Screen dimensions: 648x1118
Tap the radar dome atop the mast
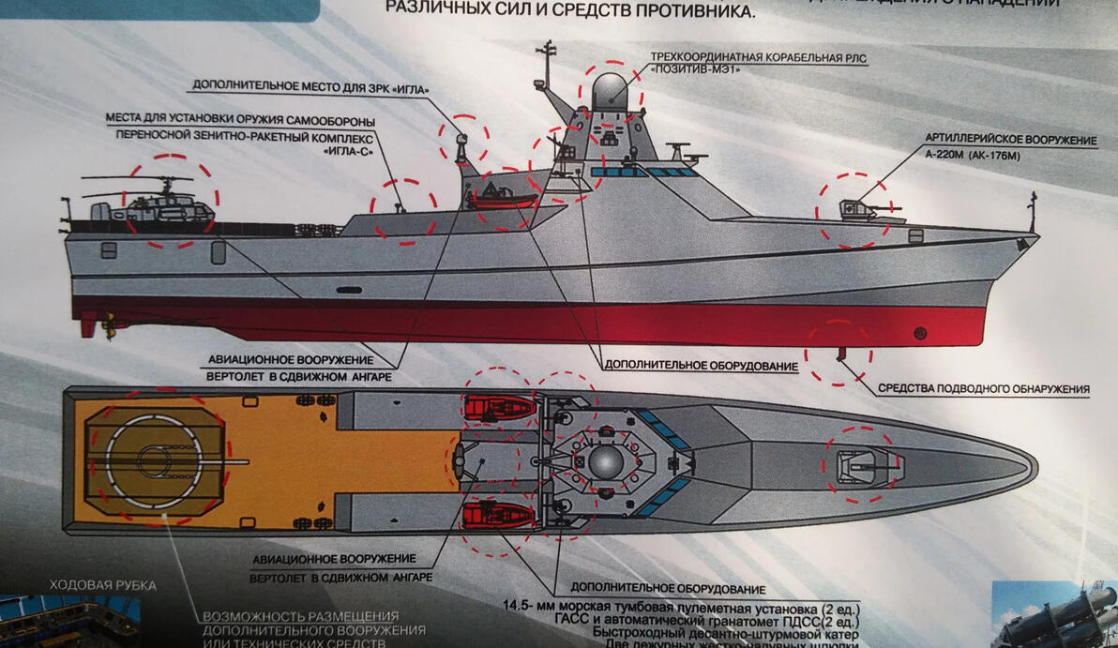point(611,91)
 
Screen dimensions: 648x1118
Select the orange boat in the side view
point(501,198)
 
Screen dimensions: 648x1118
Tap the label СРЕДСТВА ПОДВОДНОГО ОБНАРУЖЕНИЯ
point(983,388)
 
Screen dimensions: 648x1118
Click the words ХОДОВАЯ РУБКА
point(103,585)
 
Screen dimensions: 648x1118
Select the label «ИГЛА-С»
point(343,149)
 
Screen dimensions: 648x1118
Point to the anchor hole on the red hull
point(921,332)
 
